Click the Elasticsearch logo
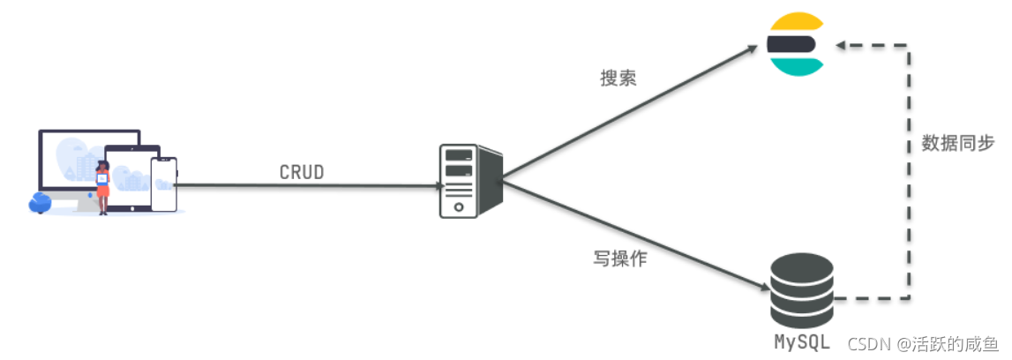pos(794,44)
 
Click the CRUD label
pos(302,172)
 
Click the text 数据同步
pos(958,143)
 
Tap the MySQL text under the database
pos(802,341)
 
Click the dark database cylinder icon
pos(801,290)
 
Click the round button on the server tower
pos(459,206)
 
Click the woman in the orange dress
pos(103,186)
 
